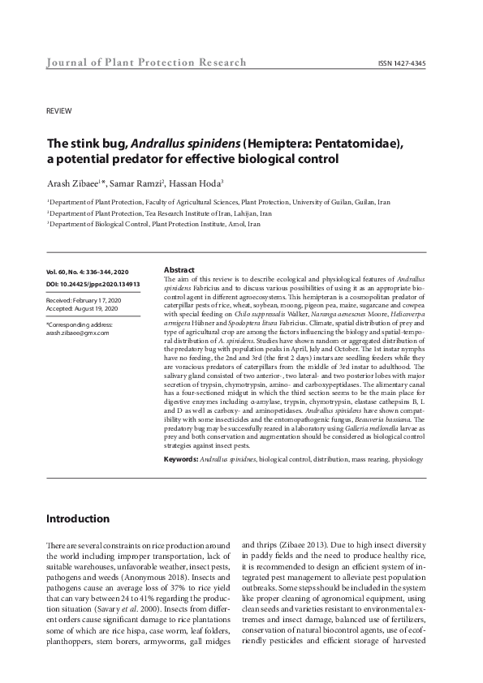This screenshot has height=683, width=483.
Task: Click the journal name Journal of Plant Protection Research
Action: [x=134, y=63]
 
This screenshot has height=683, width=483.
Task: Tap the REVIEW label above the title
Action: [x=58, y=110]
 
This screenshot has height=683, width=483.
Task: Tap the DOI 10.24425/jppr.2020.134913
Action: [x=93, y=285]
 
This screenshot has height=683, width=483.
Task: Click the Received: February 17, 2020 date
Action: [x=84, y=300]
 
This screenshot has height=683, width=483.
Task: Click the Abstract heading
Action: [x=179, y=269]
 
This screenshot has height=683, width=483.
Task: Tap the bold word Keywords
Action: [x=181, y=458]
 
